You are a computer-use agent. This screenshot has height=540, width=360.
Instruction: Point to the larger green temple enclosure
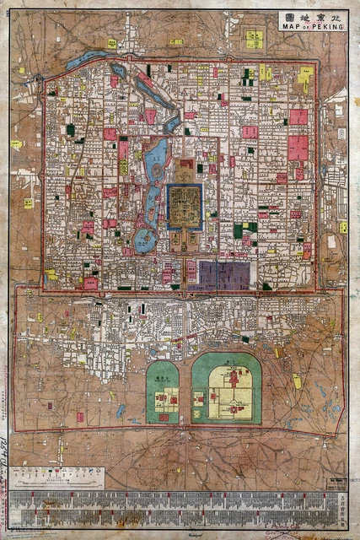tap(226, 389)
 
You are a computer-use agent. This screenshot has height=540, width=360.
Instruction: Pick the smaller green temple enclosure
tap(162, 393)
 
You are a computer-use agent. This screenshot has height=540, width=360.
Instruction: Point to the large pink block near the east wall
tap(298, 148)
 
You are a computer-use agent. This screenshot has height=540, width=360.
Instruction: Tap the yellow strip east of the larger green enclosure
tap(297, 381)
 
